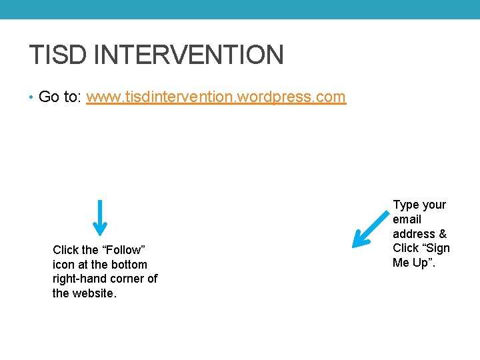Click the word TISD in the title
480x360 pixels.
point(57,55)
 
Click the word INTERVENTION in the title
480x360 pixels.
point(189,55)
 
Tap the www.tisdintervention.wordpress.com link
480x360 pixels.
point(216,97)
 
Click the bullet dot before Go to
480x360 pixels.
point(32,97)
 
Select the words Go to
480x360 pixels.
point(59,97)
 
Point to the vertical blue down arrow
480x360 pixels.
point(99,217)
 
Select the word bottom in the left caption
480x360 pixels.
point(129,265)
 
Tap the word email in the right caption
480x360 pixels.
point(407,219)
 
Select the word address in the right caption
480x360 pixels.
point(414,234)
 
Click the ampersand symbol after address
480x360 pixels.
point(443,234)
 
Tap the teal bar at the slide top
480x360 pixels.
point(240,9)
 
